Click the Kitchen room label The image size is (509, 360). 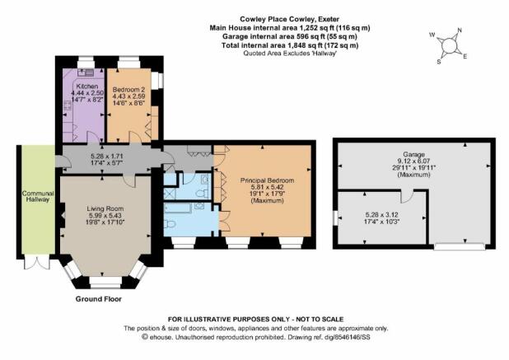coord(87,86)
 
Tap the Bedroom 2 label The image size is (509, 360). coord(128,90)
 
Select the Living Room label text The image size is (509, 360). coord(105,208)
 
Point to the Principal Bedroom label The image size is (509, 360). coord(267,180)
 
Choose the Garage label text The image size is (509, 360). coord(414,155)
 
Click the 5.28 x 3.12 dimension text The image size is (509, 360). coord(382,215)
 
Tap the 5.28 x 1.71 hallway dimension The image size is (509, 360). coord(106,157)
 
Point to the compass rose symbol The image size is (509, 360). coord(449,45)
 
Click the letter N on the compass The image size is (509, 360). coord(460,30)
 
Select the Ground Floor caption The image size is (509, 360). coord(99,299)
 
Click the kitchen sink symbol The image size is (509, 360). coord(86,72)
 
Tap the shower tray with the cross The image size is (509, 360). coord(170,194)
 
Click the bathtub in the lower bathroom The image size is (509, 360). coord(178,208)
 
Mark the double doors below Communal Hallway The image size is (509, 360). coord(37,262)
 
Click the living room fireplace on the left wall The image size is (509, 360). coord(62,216)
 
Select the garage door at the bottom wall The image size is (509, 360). coord(460,246)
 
